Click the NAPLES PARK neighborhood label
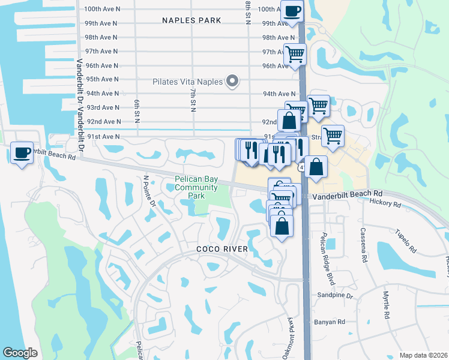click(x=191, y=20)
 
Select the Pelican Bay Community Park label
click(x=196, y=187)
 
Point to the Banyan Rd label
click(x=330, y=322)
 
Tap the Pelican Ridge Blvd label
click(x=328, y=250)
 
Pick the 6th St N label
click(x=136, y=112)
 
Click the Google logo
click(x=20, y=353)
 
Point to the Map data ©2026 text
click(x=424, y=355)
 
